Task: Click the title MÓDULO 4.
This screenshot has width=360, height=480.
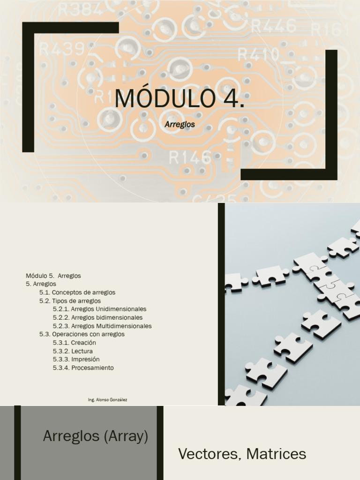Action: (x=180, y=98)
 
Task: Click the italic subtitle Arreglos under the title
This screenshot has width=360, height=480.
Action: (x=180, y=125)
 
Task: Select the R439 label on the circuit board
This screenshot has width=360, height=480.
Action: (x=62, y=48)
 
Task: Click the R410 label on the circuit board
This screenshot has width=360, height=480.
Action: (x=258, y=55)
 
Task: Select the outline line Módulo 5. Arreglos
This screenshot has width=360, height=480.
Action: (x=53, y=276)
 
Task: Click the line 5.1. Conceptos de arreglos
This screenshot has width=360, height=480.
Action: (x=77, y=292)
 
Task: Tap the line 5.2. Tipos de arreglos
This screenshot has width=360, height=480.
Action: (x=70, y=301)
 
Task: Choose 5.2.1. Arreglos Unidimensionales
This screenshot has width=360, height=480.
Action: (x=99, y=309)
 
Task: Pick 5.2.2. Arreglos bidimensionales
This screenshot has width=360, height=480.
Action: (x=97, y=318)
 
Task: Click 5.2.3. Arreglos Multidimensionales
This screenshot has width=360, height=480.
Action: (x=102, y=326)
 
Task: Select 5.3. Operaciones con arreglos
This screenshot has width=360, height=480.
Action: (x=82, y=335)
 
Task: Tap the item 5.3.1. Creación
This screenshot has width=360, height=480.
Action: (x=74, y=343)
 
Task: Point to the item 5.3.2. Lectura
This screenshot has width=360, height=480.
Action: (x=73, y=352)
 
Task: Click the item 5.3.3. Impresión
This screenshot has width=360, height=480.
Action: (x=76, y=360)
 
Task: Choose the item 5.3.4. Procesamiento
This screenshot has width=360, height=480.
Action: (x=83, y=368)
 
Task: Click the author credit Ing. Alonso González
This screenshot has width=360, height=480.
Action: (x=107, y=400)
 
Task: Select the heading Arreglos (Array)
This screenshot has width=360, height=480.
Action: (x=96, y=436)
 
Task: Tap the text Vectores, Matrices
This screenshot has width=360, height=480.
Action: (x=242, y=454)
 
